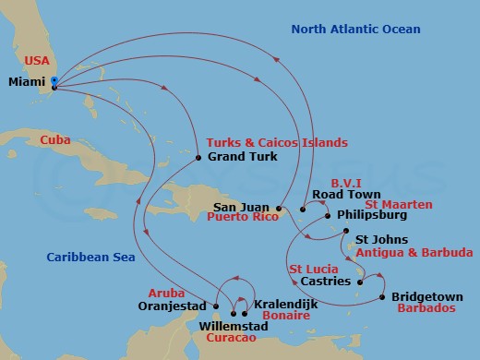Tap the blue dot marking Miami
pyautogui.click(x=54, y=80)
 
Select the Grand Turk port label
pyautogui.click(x=242, y=157)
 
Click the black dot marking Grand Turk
pyautogui.click(x=198, y=158)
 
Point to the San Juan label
pyautogui.click(x=243, y=206)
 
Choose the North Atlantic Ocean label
pyautogui.click(x=355, y=30)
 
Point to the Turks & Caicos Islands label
pyautogui.click(x=277, y=143)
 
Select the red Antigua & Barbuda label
pyautogui.click(x=414, y=251)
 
